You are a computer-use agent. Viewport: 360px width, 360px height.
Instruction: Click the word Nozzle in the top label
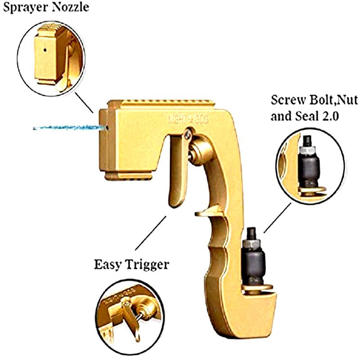pos(70,8)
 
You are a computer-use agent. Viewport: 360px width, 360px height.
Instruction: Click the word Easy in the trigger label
pos(108,264)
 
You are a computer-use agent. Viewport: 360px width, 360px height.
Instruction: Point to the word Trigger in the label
pos(147,264)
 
